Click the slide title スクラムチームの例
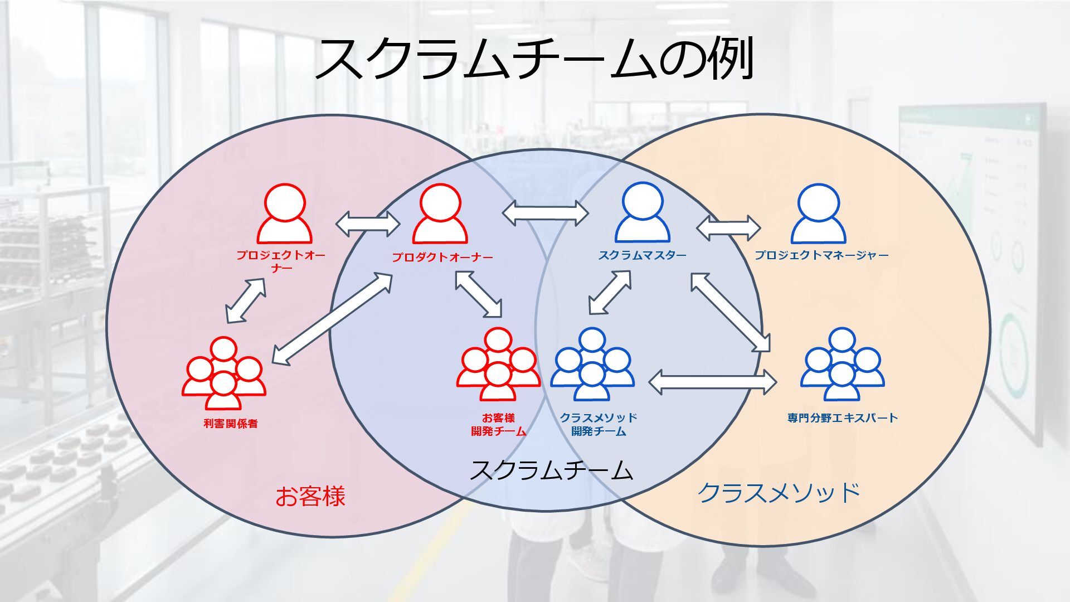point(534,59)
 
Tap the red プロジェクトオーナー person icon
point(284,215)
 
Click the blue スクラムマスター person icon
point(642,215)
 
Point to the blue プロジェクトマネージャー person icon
point(818,215)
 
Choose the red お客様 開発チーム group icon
point(498,365)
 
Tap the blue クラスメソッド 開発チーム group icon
point(592,365)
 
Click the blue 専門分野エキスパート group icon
point(842,365)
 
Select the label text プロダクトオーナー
point(442,258)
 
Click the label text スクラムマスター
point(642,255)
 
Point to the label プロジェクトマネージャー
point(821,255)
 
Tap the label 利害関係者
point(230,424)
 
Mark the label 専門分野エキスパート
point(842,418)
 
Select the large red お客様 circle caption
point(310,496)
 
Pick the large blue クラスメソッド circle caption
point(778,493)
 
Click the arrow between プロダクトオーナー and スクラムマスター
point(545,212)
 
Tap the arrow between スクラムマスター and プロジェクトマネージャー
point(728,228)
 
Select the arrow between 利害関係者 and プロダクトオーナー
point(332,318)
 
